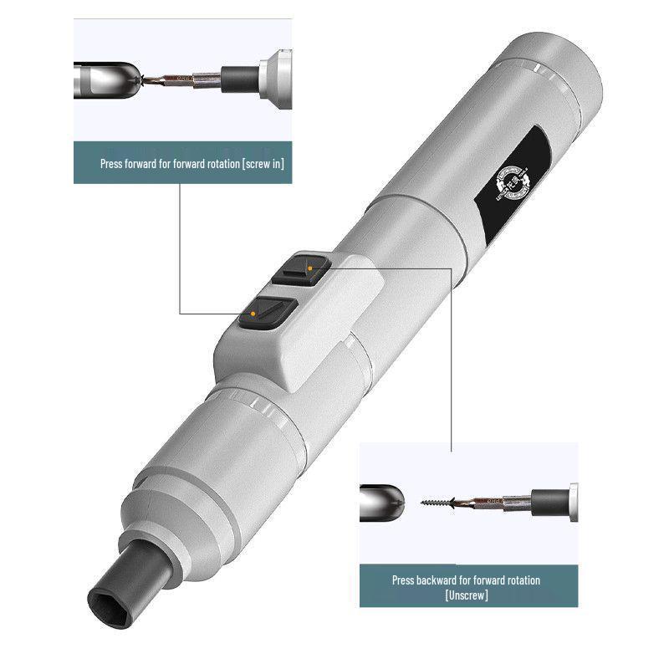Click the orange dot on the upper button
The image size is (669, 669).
309,268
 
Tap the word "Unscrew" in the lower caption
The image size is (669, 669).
467,595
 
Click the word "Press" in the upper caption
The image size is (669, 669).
111,164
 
